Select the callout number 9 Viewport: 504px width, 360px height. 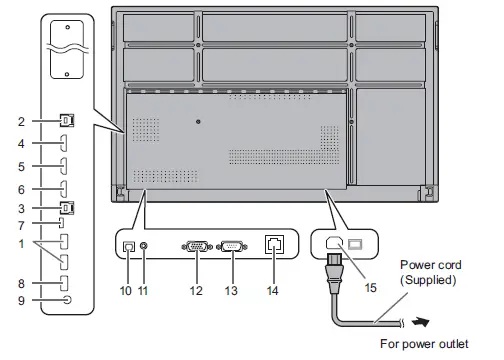(x=20, y=299)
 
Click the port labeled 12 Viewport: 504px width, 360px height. (x=197, y=245)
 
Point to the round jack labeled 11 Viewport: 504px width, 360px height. (x=147, y=245)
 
